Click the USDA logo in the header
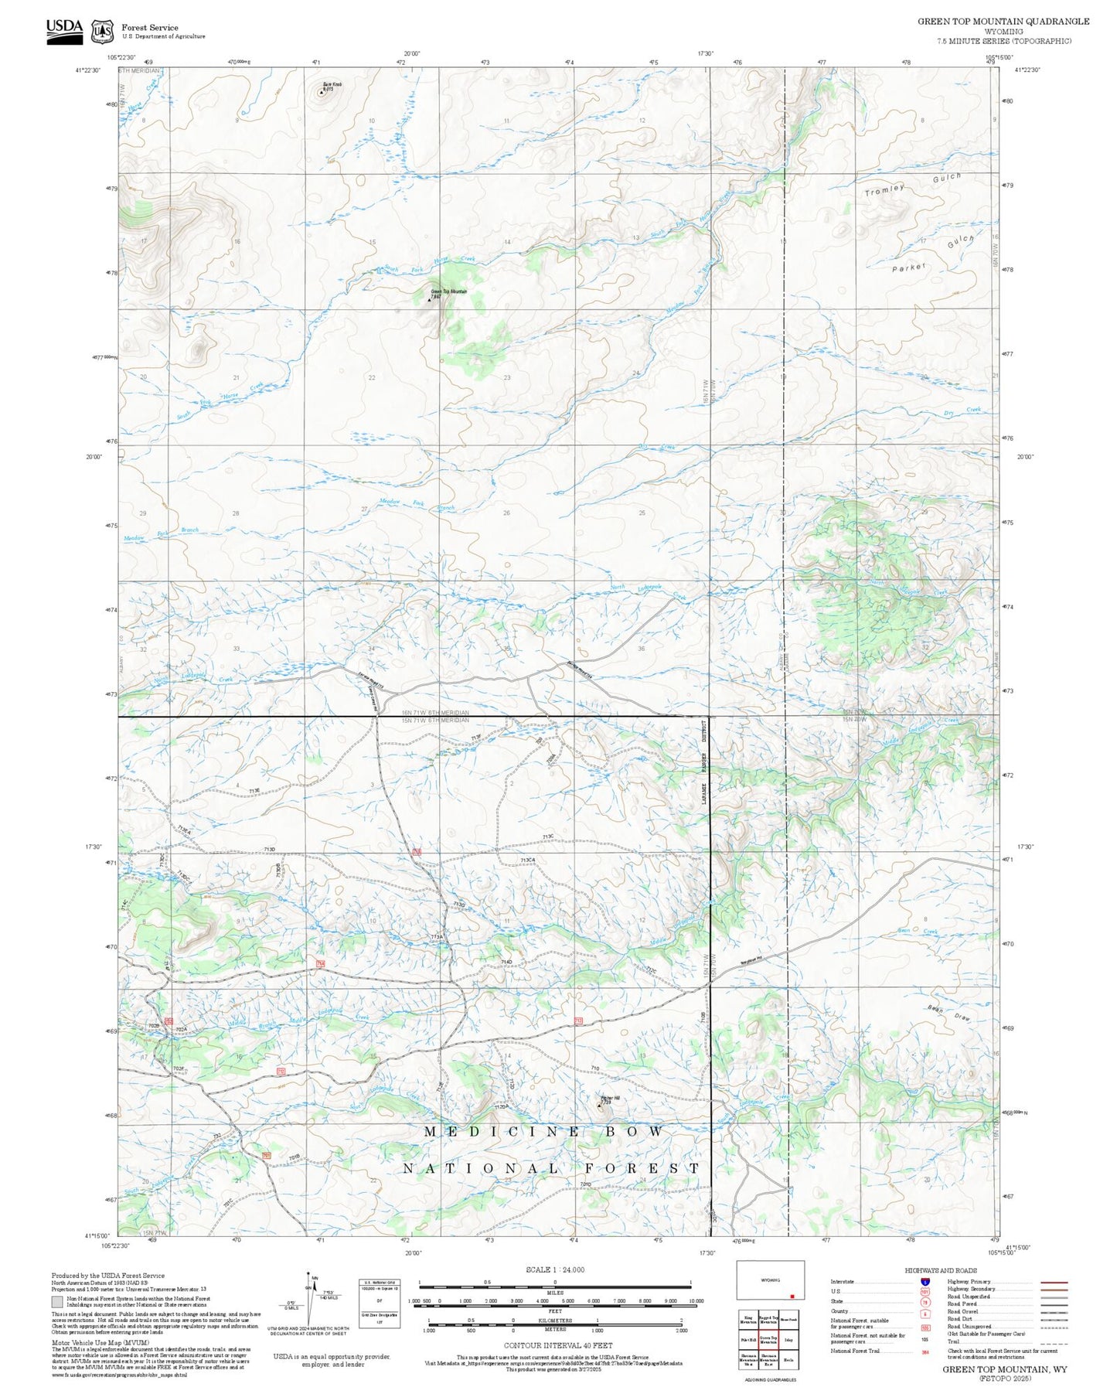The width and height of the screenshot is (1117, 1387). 64,30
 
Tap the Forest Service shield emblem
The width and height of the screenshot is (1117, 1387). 102,32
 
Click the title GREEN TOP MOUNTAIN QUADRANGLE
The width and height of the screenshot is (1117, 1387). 1003,22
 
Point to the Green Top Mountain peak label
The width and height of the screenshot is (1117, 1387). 448,291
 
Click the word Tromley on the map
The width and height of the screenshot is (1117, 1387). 884,190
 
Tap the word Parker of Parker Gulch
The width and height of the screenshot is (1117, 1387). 908,268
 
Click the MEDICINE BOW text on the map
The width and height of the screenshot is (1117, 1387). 544,1132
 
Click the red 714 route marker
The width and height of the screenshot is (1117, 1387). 320,963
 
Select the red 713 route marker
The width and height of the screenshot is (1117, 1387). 417,851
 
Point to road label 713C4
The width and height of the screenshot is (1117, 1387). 528,860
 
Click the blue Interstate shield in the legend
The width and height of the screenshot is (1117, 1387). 925,1281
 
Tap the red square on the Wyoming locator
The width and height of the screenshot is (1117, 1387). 792,1297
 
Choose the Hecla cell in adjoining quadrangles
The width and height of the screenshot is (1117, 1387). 788,1358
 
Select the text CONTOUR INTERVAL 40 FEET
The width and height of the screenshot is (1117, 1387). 555,1345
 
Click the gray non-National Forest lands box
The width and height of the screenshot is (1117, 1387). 57,1301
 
